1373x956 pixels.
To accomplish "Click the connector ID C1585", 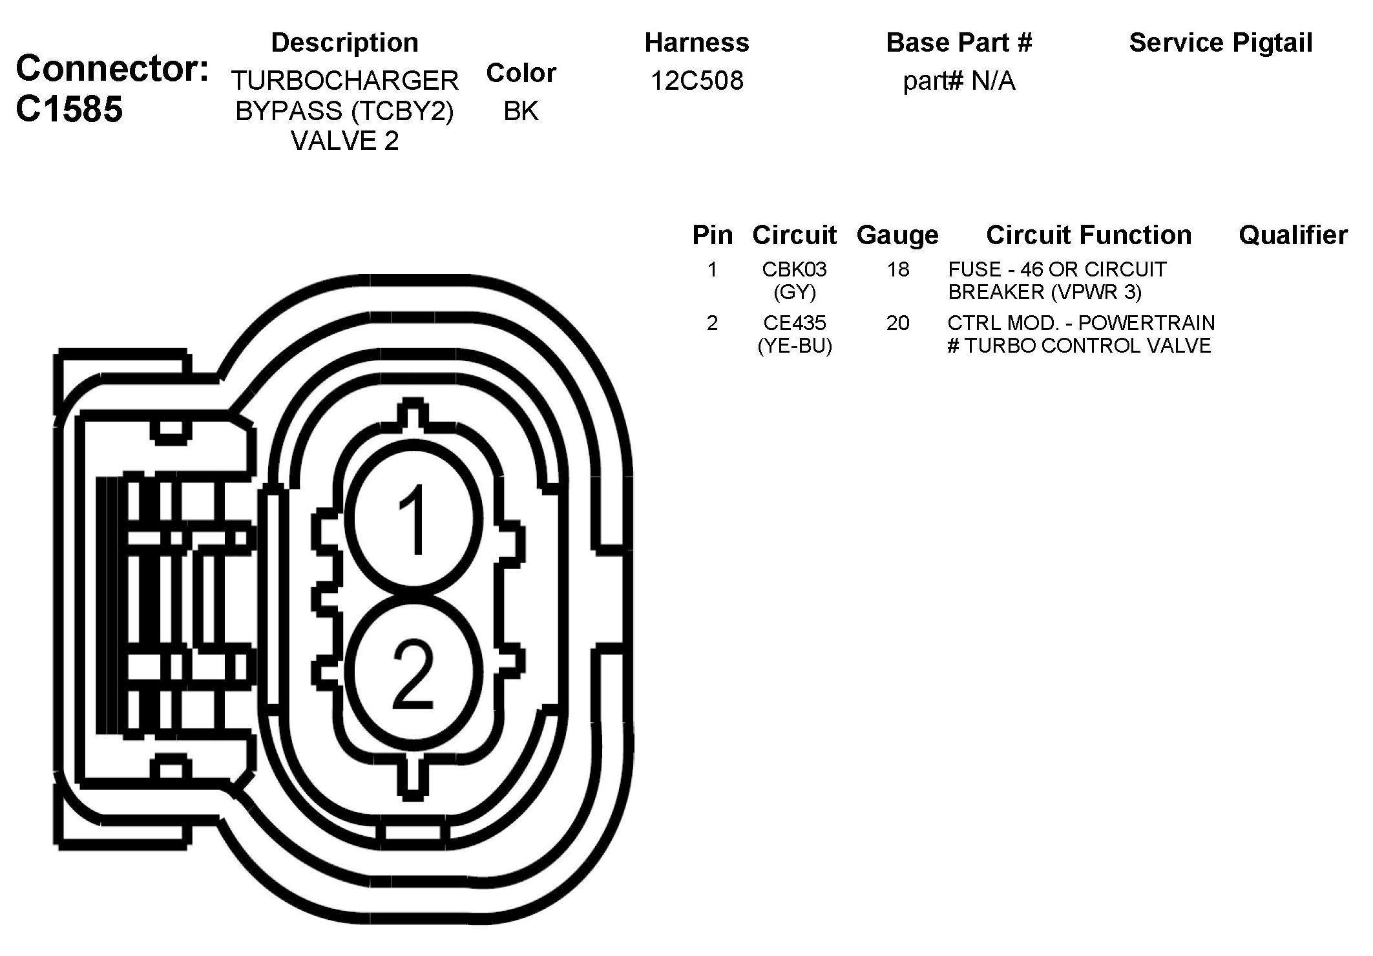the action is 69,109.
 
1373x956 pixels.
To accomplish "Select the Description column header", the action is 345,43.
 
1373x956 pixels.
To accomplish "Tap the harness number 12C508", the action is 697,81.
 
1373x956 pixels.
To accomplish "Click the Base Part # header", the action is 959,43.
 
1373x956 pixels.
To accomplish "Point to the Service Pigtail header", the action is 1221,43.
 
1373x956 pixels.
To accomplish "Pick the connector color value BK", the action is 521,111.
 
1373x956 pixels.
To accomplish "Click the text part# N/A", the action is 959,81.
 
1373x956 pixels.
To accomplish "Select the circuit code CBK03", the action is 794,269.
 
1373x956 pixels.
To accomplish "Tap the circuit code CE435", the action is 794,322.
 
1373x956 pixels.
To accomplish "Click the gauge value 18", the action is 897,269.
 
